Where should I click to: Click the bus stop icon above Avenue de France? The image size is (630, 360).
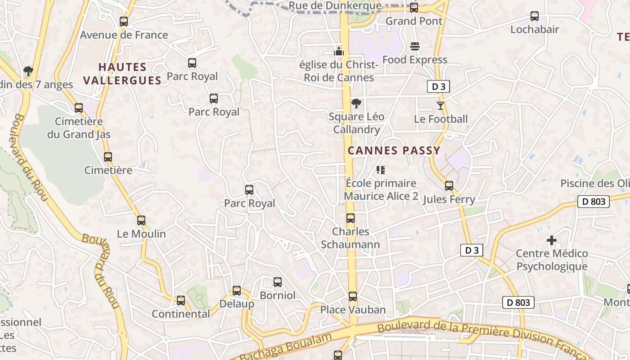(x=124, y=21)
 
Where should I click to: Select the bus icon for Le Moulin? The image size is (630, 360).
(x=141, y=220)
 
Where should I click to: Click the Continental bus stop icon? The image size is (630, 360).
(x=181, y=300)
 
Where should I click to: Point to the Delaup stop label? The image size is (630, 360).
(x=237, y=304)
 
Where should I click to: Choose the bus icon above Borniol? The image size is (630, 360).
(x=278, y=282)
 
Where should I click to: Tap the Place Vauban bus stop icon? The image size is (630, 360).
(x=353, y=297)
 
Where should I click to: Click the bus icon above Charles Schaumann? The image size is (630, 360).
(x=351, y=218)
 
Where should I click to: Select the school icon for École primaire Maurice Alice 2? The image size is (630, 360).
(x=381, y=170)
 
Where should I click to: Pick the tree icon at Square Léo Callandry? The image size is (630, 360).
(x=356, y=103)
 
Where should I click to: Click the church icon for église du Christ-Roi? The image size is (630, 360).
(x=339, y=51)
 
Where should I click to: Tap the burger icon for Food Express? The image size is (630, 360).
(x=414, y=46)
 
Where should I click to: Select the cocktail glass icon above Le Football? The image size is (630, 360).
(x=440, y=106)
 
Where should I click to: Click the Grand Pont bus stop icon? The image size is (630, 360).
(x=414, y=8)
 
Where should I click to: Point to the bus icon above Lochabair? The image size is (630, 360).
(x=535, y=16)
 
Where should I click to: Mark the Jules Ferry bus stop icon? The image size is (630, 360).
(x=449, y=185)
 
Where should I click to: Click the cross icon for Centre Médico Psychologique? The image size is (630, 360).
(x=552, y=240)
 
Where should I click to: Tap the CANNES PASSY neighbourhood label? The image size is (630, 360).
(x=394, y=151)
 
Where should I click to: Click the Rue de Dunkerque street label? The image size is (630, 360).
(x=335, y=6)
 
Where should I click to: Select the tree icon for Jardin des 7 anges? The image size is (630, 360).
(x=28, y=71)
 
